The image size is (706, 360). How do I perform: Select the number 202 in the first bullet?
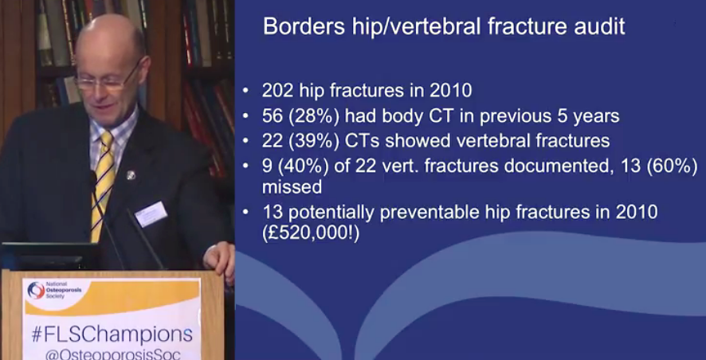pyautogui.click(x=277, y=91)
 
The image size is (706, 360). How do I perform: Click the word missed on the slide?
pyautogui.click(x=292, y=186)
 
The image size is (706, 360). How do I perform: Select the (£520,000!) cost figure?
pyautogui.click(x=311, y=234)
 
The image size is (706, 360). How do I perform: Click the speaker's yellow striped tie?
pyautogui.click(x=103, y=186)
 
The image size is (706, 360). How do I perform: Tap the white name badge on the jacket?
pyautogui.click(x=151, y=213)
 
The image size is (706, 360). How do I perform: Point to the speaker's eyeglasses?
pyautogui.click(x=107, y=80)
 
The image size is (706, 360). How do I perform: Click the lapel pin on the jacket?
pyautogui.click(x=130, y=174)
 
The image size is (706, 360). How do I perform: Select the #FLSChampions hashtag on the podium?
pyautogui.click(x=112, y=335)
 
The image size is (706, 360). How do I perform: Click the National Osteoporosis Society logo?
pyautogui.click(x=49, y=290)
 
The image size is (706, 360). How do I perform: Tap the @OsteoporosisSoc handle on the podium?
pyautogui.click(x=113, y=354)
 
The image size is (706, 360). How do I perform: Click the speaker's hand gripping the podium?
pyautogui.click(x=219, y=260)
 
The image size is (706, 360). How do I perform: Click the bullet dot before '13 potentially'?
pyautogui.click(x=245, y=212)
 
